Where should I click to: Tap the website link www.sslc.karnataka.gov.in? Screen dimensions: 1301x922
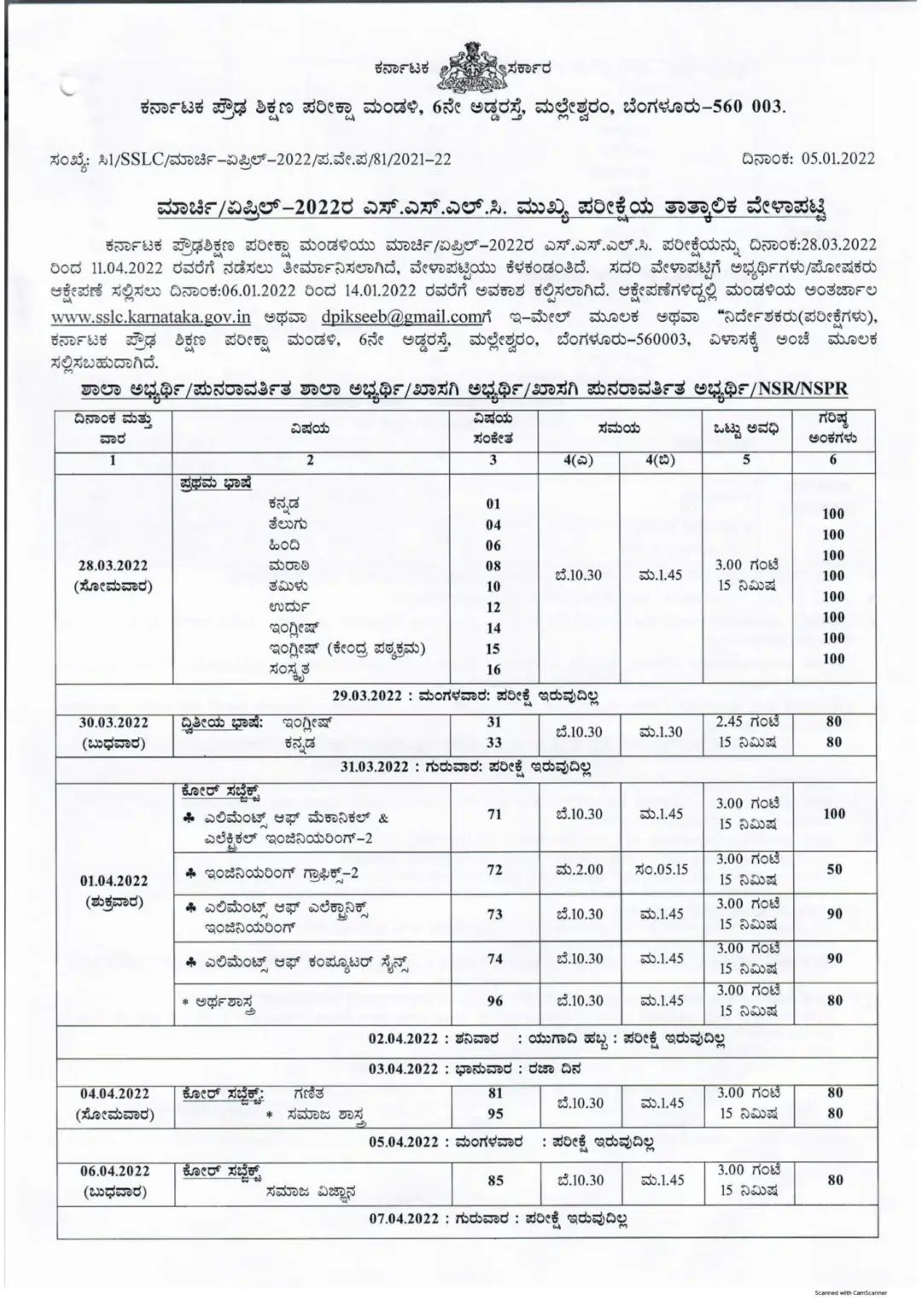click(150, 317)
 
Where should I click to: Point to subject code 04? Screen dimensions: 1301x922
click(493, 525)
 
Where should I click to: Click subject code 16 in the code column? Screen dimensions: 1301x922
click(493, 669)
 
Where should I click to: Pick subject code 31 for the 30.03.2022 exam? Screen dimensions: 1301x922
click(493, 722)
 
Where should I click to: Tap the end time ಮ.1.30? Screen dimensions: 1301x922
click(661, 732)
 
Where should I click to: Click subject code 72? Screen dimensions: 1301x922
click(494, 870)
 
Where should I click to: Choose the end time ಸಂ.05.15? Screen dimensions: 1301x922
click(662, 870)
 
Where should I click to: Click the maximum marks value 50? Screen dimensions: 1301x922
click(834, 870)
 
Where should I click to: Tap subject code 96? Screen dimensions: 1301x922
click(494, 1001)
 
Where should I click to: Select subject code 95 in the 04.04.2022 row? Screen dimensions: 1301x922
click(494, 1114)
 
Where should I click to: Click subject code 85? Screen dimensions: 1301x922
click(494, 1181)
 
